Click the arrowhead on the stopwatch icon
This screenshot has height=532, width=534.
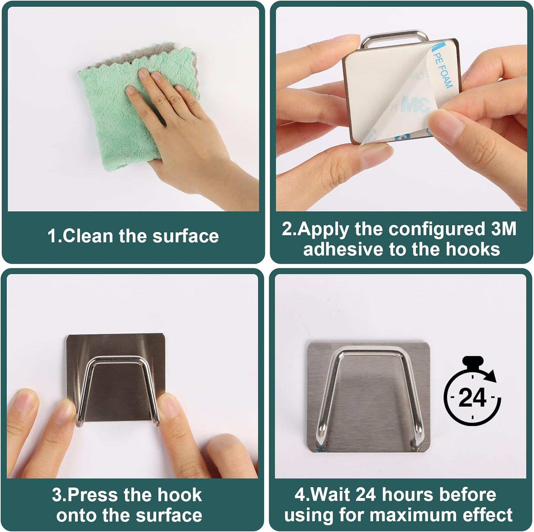(492, 376)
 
